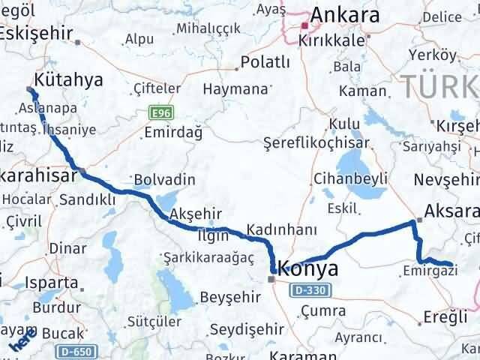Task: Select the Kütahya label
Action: pos(69,79)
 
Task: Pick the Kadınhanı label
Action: pos(287,230)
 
